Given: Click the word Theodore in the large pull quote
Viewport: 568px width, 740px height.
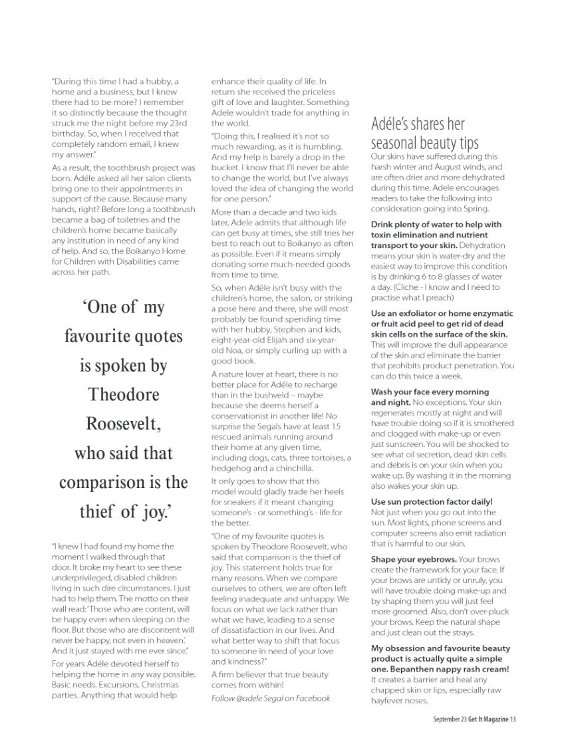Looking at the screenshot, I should click(124, 395).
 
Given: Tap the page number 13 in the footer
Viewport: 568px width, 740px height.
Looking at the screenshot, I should click(513, 719).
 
